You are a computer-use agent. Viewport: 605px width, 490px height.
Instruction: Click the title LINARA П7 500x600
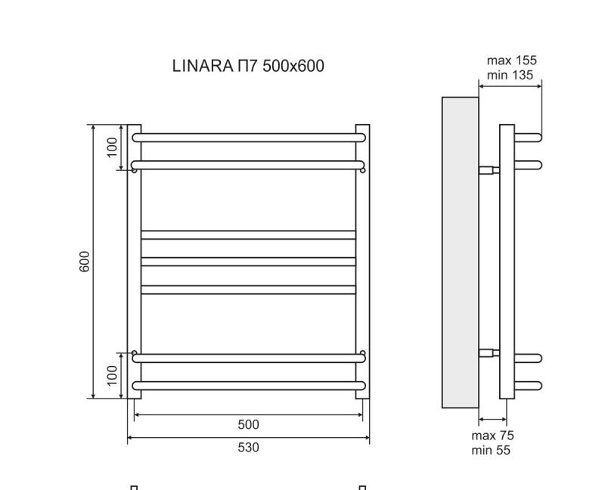pos(248,67)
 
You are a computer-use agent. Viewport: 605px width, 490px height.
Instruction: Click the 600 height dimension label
pos(85,262)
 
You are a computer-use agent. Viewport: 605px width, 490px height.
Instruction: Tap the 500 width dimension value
pos(248,425)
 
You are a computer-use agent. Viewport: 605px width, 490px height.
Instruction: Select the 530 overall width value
pos(248,448)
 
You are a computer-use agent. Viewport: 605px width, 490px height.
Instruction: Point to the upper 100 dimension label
pos(113,147)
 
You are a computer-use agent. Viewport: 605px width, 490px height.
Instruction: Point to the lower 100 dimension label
pos(113,375)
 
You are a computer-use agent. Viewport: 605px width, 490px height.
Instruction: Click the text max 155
pos(511,60)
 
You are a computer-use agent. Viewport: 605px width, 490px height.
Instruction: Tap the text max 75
pos(492,436)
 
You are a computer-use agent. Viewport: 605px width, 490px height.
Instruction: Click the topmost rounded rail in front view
pos(248,138)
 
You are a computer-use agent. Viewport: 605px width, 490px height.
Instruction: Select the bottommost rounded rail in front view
pos(248,386)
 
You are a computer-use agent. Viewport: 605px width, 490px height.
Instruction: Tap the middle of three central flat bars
pos(248,262)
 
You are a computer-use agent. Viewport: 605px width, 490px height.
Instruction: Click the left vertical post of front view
pos(134,262)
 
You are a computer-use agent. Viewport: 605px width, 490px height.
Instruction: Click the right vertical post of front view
pos(362,262)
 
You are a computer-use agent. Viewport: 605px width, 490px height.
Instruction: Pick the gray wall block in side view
pos(460,253)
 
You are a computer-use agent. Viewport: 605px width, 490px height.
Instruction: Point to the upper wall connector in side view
pos(489,169)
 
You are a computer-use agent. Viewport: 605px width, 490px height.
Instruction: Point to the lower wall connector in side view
pos(489,352)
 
